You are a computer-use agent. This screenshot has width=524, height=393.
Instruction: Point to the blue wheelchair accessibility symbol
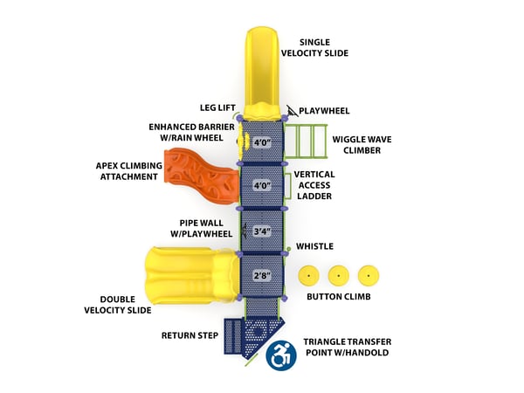click(281, 355)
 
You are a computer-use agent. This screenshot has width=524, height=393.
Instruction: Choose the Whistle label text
click(314, 247)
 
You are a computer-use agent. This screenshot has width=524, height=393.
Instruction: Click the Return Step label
click(189, 335)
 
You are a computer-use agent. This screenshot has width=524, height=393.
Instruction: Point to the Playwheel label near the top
click(324, 111)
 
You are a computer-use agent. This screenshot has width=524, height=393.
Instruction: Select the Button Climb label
click(339, 297)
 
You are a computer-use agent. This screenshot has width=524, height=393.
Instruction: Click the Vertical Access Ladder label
click(314, 185)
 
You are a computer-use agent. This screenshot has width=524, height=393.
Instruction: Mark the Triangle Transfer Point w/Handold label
click(346, 347)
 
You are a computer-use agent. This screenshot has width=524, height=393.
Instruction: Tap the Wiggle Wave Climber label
click(355, 144)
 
